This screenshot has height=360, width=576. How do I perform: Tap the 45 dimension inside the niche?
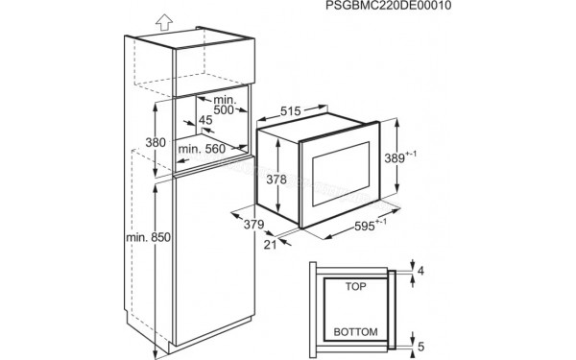coord(205,121)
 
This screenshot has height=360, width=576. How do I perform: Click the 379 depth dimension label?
coord(253,226)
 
